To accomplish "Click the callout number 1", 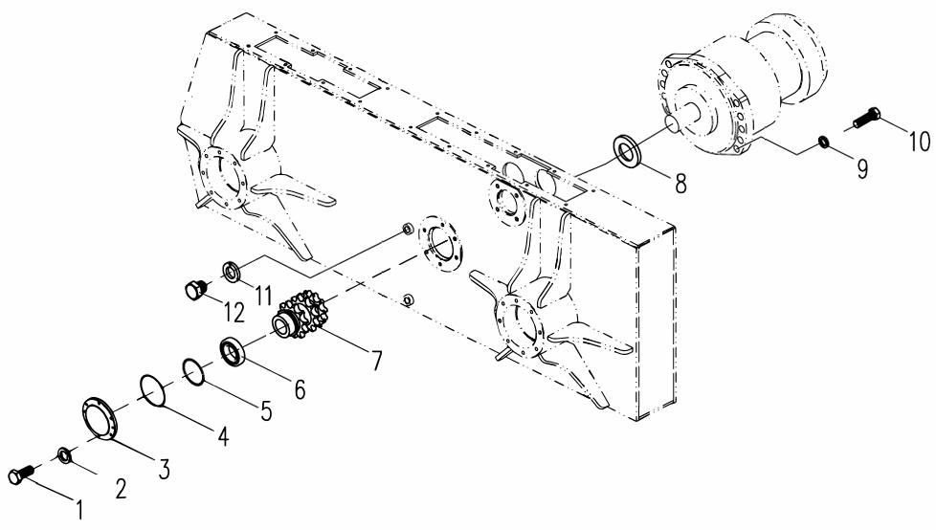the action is tap(78, 510).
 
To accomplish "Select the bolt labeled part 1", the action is tap(21, 474).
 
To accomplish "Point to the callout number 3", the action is tap(163, 469).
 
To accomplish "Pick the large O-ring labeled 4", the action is tap(154, 391).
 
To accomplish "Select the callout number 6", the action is tap(299, 389).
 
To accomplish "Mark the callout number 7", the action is tap(376, 360).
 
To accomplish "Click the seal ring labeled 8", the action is tap(628, 150).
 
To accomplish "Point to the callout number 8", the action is tap(681, 184).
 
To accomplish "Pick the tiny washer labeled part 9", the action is tap(823, 142).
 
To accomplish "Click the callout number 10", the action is tap(920, 142).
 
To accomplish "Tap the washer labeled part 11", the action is tap(232, 271).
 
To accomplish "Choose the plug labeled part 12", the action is tap(195, 290).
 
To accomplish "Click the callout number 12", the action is tap(234, 312).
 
